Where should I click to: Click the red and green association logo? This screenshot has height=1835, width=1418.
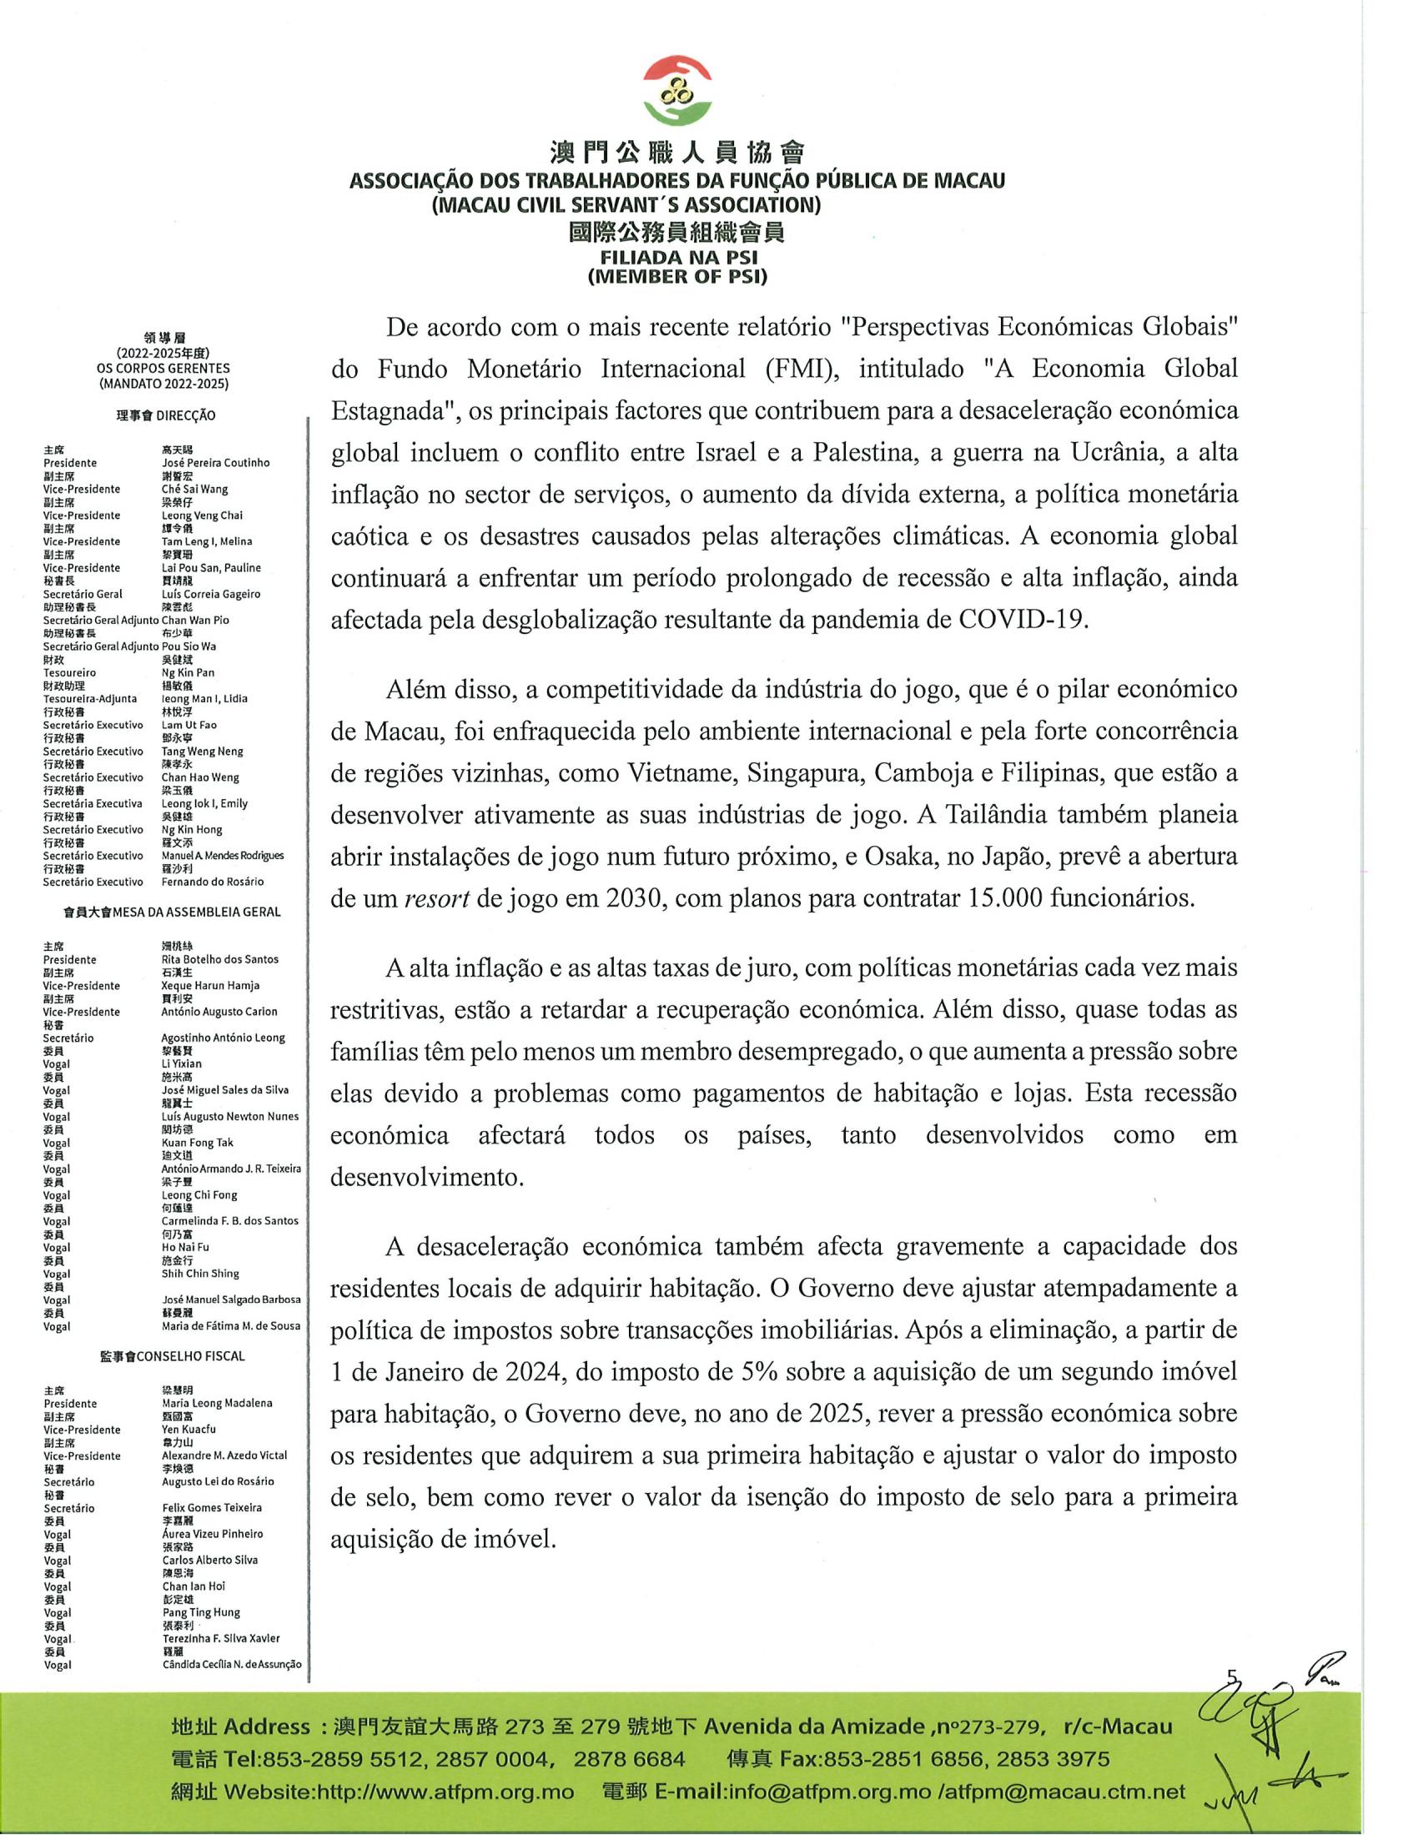point(678,88)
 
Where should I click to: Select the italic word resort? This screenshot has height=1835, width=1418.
point(437,899)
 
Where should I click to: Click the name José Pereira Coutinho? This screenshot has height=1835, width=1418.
point(216,463)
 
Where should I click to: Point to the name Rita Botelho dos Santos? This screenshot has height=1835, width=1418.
point(220,959)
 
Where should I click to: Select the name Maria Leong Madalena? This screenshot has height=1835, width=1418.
point(217,1403)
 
